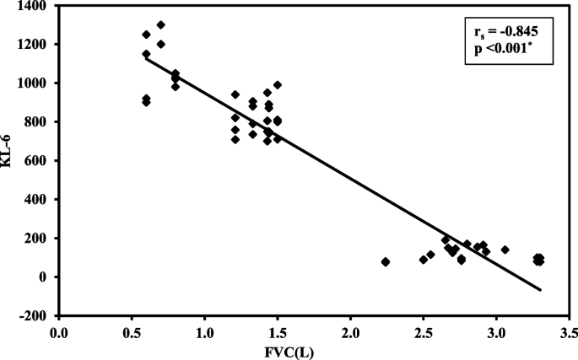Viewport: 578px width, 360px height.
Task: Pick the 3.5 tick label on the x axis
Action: coord(569,333)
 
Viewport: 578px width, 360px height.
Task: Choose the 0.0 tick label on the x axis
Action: coord(59,333)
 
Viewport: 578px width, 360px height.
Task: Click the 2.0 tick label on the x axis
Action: coord(350,333)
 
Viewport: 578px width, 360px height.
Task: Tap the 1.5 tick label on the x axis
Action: coord(278,333)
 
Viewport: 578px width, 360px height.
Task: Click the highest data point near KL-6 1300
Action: coord(161,25)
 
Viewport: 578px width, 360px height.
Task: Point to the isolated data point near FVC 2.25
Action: coord(386,262)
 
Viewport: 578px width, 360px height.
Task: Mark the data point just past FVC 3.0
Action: coord(505,250)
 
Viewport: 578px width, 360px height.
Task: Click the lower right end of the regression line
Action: coord(540,290)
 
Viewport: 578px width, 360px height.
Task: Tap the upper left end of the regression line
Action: coord(147,58)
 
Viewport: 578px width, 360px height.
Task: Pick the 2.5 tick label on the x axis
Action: coord(423,333)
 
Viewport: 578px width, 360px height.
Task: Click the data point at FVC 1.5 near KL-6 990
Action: coord(277,85)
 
